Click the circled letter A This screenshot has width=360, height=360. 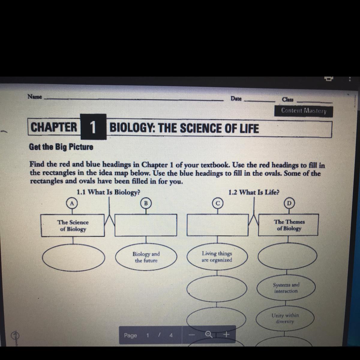[72, 203]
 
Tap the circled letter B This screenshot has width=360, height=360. [146, 203]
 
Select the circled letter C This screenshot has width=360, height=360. [217, 203]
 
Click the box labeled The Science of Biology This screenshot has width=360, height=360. [73, 226]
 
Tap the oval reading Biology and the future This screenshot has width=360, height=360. [146, 257]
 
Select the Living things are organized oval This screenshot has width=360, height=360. [217, 257]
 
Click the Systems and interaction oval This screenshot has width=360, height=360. [286, 288]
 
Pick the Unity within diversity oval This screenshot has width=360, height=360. [285, 318]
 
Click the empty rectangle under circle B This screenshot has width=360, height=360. [146, 225]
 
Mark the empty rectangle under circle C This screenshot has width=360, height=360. [217, 225]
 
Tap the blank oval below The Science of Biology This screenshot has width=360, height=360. [73, 258]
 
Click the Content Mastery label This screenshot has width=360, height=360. [303, 111]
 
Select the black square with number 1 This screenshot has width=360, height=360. [93, 127]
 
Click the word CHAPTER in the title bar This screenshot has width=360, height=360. [54, 127]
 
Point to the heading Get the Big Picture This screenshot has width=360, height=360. [61, 147]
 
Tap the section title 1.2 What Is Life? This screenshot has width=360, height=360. [253, 192]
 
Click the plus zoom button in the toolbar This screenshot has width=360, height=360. [227, 334]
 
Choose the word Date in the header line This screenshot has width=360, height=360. [236, 98]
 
